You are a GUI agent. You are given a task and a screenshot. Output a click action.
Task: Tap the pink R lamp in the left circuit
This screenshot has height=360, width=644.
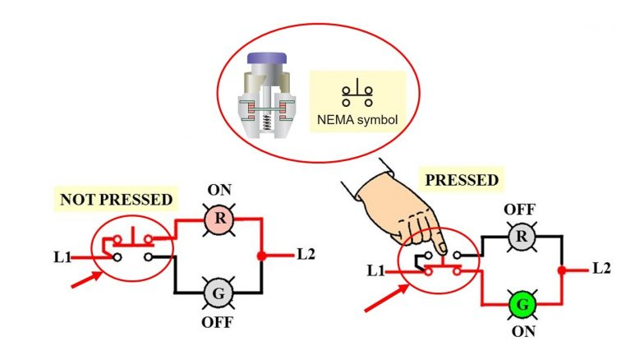coord(220,219)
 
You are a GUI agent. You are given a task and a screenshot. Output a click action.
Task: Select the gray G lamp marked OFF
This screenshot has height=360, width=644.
coord(220,292)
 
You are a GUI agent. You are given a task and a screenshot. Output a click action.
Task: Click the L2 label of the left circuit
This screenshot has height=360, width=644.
coord(306,254)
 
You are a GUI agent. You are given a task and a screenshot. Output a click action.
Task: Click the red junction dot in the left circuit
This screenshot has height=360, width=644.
coord(262,255)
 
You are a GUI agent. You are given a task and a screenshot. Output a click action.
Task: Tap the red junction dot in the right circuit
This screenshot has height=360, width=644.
coord(562,270)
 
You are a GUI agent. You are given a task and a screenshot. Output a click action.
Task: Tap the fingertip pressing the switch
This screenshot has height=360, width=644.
coord(441,248)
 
